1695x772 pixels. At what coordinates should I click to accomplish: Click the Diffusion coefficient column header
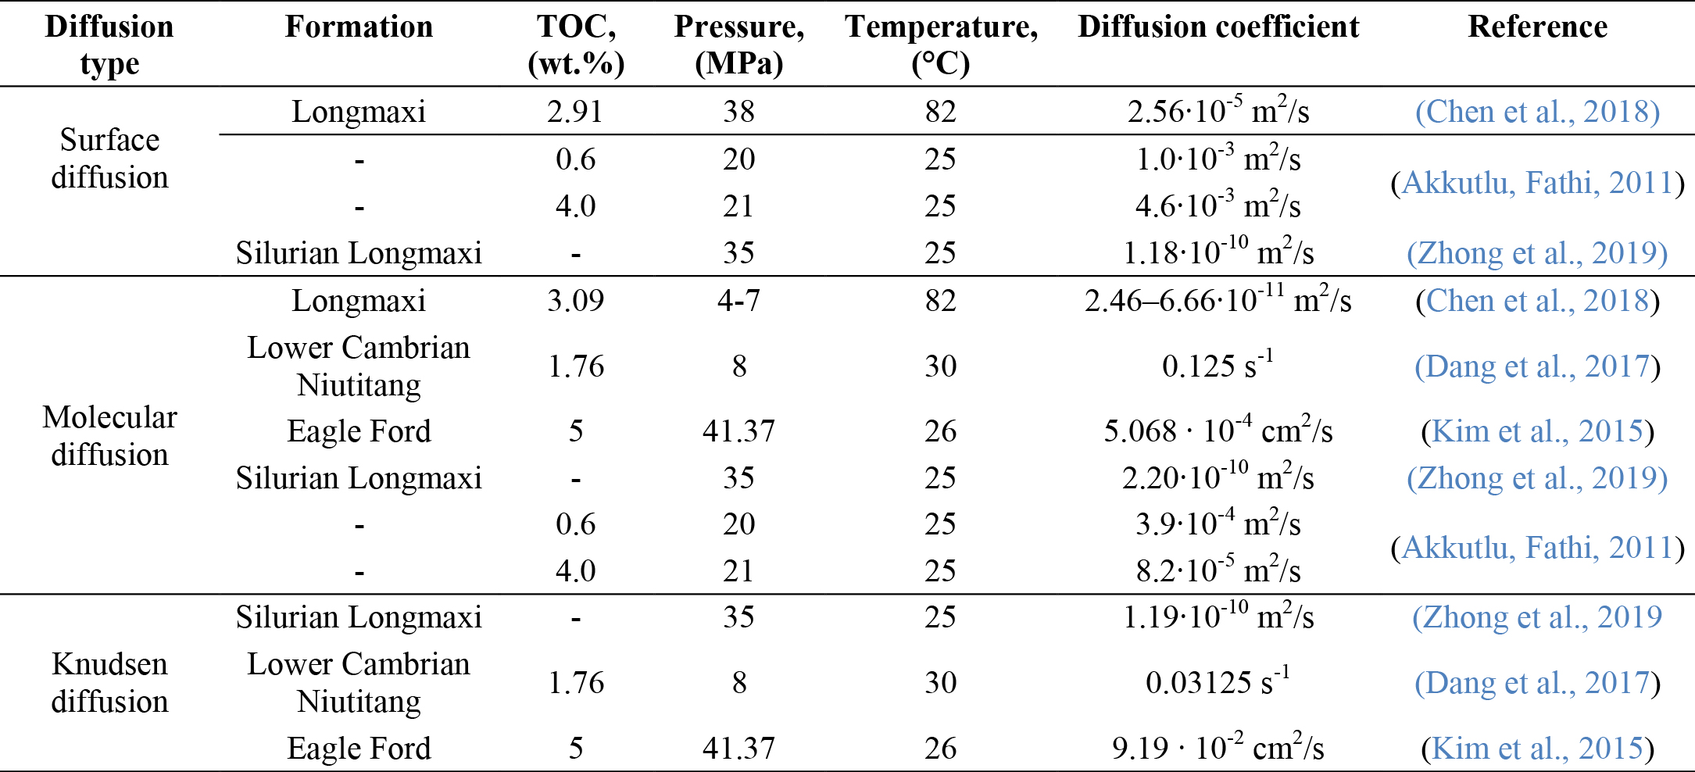pyautogui.click(x=1218, y=27)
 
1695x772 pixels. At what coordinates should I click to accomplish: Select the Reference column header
pyautogui.click(x=1537, y=27)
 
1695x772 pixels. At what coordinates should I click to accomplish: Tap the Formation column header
pyautogui.click(x=359, y=27)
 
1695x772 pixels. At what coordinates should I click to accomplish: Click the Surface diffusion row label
pyautogui.click(x=109, y=159)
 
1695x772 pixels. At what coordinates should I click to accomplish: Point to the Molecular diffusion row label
pyautogui.click(x=109, y=435)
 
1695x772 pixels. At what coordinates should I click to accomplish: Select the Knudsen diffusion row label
pyautogui.click(x=109, y=682)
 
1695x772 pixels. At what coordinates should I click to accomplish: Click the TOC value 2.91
pyautogui.click(x=575, y=111)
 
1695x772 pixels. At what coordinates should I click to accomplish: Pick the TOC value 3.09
pyautogui.click(x=575, y=300)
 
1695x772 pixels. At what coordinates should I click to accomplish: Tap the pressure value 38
pyautogui.click(x=738, y=111)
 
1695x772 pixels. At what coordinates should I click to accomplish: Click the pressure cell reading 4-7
pyautogui.click(x=738, y=300)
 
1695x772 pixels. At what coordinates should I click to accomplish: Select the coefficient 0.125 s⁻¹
pyautogui.click(x=1218, y=364)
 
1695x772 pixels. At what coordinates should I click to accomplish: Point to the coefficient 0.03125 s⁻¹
pyautogui.click(x=1218, y=681)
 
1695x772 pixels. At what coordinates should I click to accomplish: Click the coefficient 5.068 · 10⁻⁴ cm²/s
pyautogui.click(x=1218, y=429)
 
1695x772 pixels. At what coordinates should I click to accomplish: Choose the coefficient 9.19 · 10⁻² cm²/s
pyautogui.click(x=1218, y=746)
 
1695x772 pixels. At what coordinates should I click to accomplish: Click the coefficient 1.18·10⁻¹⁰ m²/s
pyautogui.click(x=1218, y=251)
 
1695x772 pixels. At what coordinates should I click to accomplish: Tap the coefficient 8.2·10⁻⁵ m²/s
pyautogui.click(x=1218, y=569)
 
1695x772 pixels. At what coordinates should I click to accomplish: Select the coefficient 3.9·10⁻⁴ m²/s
pyautogui.click(x=1218, y=522)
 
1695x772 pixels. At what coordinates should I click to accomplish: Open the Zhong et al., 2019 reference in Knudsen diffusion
pyautogui.click(x=1537, y=617)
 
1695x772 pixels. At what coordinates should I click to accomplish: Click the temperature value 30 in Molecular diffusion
pyautogui.click(x=940, y=366)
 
